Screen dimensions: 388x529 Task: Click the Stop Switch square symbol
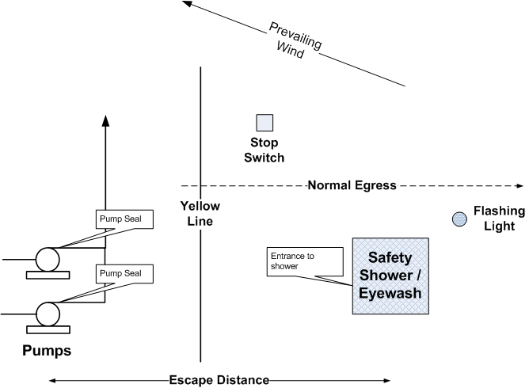tap(264, 123)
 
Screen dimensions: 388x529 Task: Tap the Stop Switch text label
tap(266, 150)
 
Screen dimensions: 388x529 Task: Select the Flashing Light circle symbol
tap(459, 219)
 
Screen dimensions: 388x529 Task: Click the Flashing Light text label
tap(499, 219)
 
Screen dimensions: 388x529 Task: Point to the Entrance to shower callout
tap(305, 261)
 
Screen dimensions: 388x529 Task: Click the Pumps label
tap(46, 349)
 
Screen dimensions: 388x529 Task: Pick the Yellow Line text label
tap(203, 213)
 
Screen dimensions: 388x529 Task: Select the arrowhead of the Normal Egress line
tap(519, 186)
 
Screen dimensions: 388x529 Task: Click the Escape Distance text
tap(219, 379)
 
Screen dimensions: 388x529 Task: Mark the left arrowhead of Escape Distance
tap(54, 380)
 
